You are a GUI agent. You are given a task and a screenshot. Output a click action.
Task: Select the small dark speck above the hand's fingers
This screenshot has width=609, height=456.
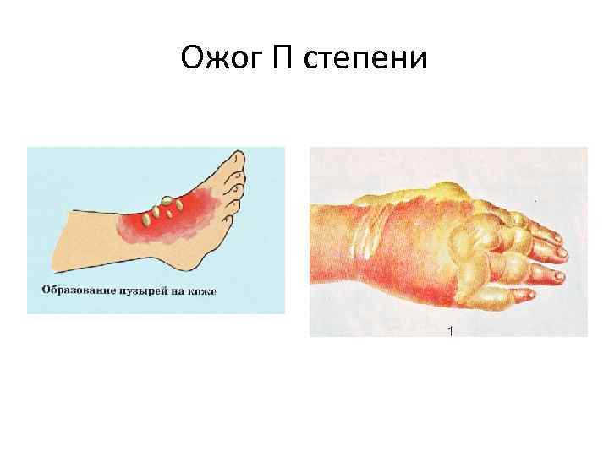click(535, 201)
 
